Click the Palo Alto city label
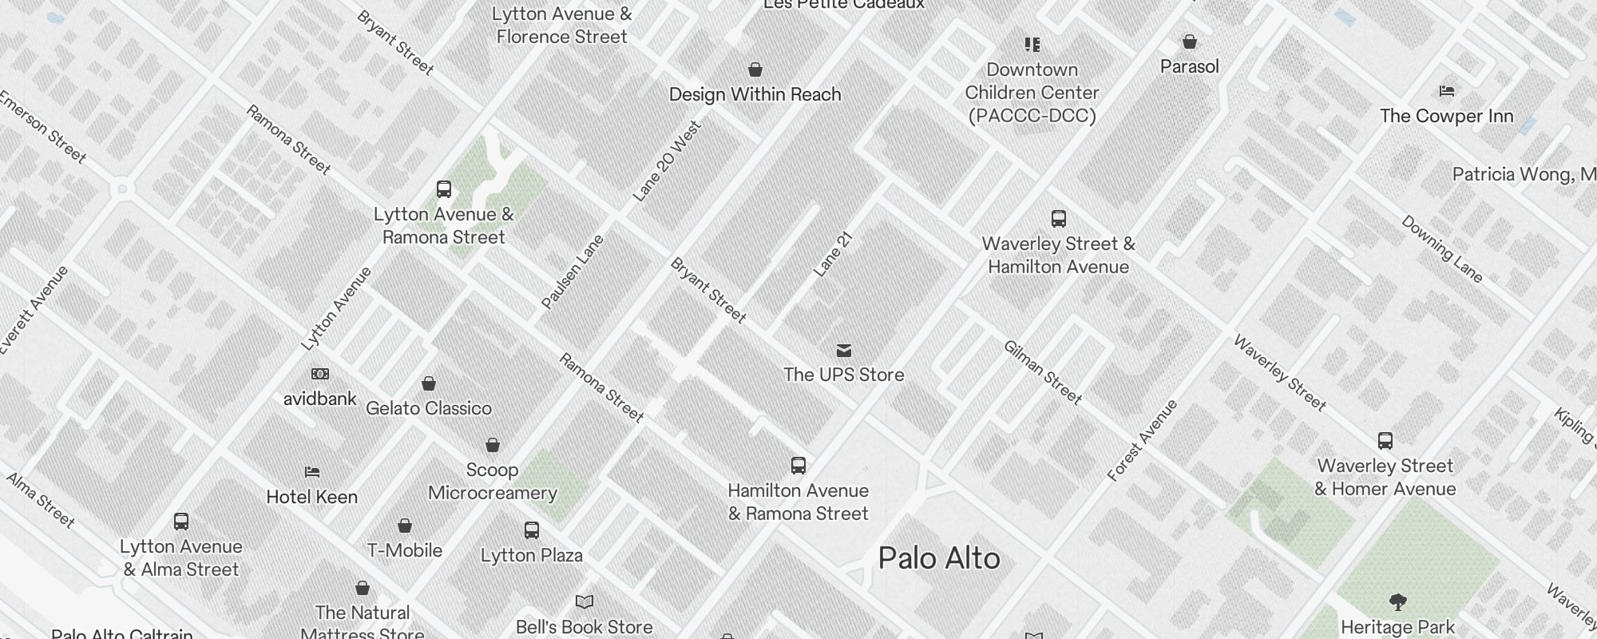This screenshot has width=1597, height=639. click(939, 558)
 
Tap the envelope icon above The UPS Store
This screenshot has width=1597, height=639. click(844, 351)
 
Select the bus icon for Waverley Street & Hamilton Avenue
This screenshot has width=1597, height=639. click(1059, 219)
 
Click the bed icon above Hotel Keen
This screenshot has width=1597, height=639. click(312, 473)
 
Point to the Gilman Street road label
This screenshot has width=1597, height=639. click(1042, 372)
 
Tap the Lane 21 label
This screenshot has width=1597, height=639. click(834, 255)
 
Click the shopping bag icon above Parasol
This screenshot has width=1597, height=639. click(1190, 42)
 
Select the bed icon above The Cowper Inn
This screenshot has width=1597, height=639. click(1447, 91)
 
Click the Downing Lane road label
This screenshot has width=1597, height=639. click(1442, 249)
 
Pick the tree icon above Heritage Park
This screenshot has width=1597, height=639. click(1397, 602)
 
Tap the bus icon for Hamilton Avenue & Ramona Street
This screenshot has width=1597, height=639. click(798, 466)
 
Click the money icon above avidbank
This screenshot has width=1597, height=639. click(319, 374)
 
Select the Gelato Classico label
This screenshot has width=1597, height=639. click(429, 408)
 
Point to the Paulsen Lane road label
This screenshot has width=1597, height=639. click(573, 272)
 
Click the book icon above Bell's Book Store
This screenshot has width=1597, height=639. click(585, 601)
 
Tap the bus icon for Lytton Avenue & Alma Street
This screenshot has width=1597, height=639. click(181, 522)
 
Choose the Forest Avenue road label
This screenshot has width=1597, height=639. click(1143, 440)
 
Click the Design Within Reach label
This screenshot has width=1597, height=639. click(755, 94)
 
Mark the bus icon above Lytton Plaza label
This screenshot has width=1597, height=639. click(532, 530)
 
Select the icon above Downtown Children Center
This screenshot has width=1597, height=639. click(1032, 45)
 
